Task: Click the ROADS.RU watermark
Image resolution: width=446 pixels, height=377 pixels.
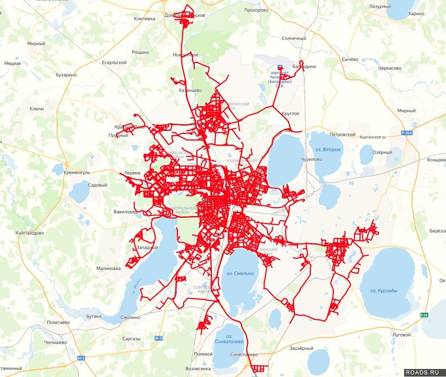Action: click(x=425, y=372)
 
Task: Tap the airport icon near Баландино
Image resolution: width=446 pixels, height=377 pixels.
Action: click(x=280, y=68)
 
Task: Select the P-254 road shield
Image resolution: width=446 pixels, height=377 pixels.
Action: click(x=406, y=133)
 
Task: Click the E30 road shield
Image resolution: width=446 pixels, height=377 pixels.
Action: click(x=424, y=315)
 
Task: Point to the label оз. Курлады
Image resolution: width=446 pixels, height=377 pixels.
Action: click(x=384, y=291)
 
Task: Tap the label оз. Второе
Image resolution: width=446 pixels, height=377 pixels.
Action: click(x=328, y=149)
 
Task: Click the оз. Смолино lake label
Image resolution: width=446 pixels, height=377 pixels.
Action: click(x=240, y=273)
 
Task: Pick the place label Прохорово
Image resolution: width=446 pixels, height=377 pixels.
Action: click(x=256, y=10)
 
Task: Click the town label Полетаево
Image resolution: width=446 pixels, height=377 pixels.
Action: click(x=58, y=322)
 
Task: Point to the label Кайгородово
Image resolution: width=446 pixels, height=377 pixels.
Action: click(x=29, y=233)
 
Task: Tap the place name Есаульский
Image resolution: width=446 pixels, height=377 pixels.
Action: click(x=114, y=63)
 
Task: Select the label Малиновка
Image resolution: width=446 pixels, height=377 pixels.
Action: click(x=108, y=268)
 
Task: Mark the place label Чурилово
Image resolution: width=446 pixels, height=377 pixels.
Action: click(x=311, y=159)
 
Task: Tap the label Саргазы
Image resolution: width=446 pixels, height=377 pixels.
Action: click(x=131, y=339)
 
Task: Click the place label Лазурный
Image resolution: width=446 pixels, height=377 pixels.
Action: click(x=380, y=7)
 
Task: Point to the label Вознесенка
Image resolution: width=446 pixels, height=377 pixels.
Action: click(x=198, y=369)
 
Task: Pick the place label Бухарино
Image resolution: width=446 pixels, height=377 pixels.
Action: click(x=66, y=75)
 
